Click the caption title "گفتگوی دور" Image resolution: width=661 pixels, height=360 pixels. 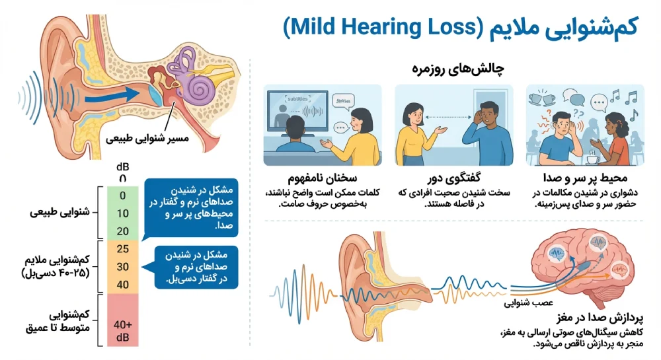point(453,178)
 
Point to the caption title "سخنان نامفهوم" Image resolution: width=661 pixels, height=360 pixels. point(323,178)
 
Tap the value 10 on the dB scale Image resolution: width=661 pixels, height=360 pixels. point(122,213)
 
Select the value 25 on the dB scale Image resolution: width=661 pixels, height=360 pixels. point(122,250)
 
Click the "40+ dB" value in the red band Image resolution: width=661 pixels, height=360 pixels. point(122,329)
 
